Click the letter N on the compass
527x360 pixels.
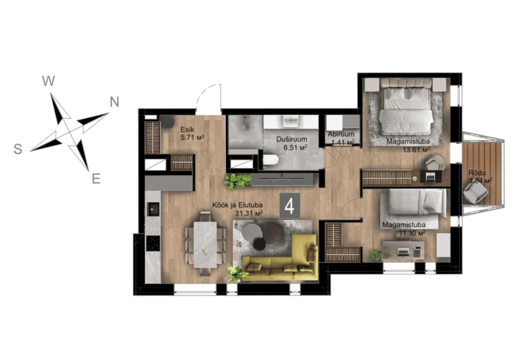click(x=115, y=102)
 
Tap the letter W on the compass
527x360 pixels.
click(x=49, y=81)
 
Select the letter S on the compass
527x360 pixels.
click(x=18, y=148)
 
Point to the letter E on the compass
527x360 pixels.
click(x=96, y=179)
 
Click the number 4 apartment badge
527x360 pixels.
click(x=290, y=206)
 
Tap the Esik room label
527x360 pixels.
click(x=187, y=130)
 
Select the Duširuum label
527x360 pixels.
click(x=292, y=139)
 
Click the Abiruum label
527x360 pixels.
click(x=341, y=135)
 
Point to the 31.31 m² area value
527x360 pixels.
click(x=249, y=213)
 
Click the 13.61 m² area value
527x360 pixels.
click(x=416, y=149)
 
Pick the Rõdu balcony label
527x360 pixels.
click(x=477, y=173)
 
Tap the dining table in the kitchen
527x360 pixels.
click(x=205, y=244)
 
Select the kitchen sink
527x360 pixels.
click(x=153, y=209)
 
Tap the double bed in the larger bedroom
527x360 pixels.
click(x=405, y=106)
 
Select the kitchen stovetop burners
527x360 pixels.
click(x=153, y=243)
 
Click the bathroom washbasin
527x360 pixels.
click(x=290, y=121)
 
